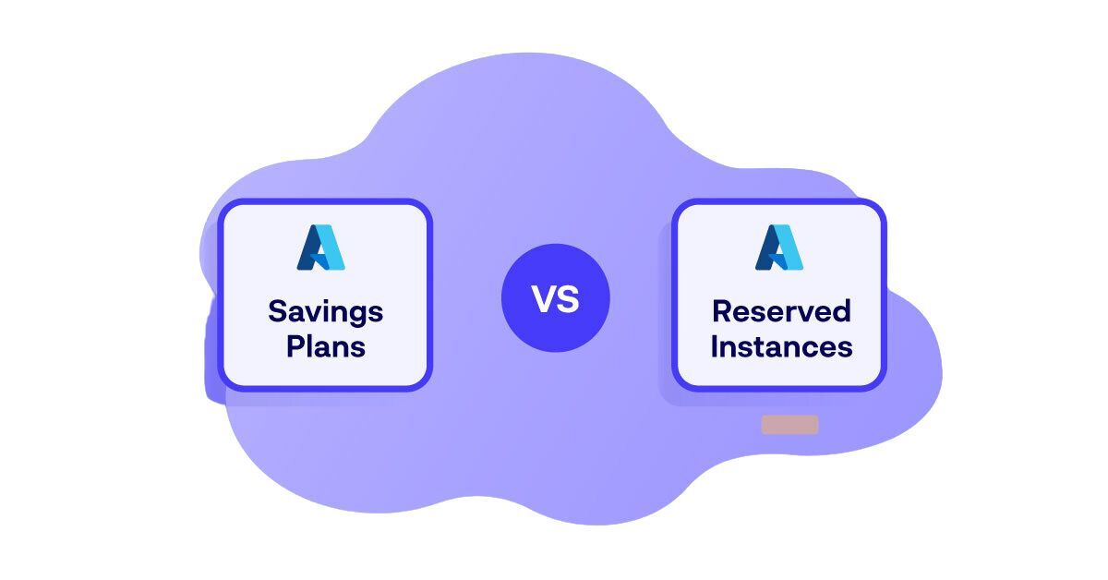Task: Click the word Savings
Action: [x=325, y=312]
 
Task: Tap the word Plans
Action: [x=325, y=347]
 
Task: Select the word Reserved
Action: [x=781, y=312]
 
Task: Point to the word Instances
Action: [x=781, y=347]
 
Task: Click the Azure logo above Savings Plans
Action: [x=320, y=248]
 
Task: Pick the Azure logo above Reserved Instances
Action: [x=779, y=248]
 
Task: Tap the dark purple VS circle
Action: [x=555, y=298]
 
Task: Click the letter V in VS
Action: [x=543, y=299]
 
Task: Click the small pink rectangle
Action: [x=789, y=425]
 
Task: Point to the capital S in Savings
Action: [x=277, y=312]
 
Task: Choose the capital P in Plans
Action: [x=295, y=347]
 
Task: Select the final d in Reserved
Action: [x=841, y=312]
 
